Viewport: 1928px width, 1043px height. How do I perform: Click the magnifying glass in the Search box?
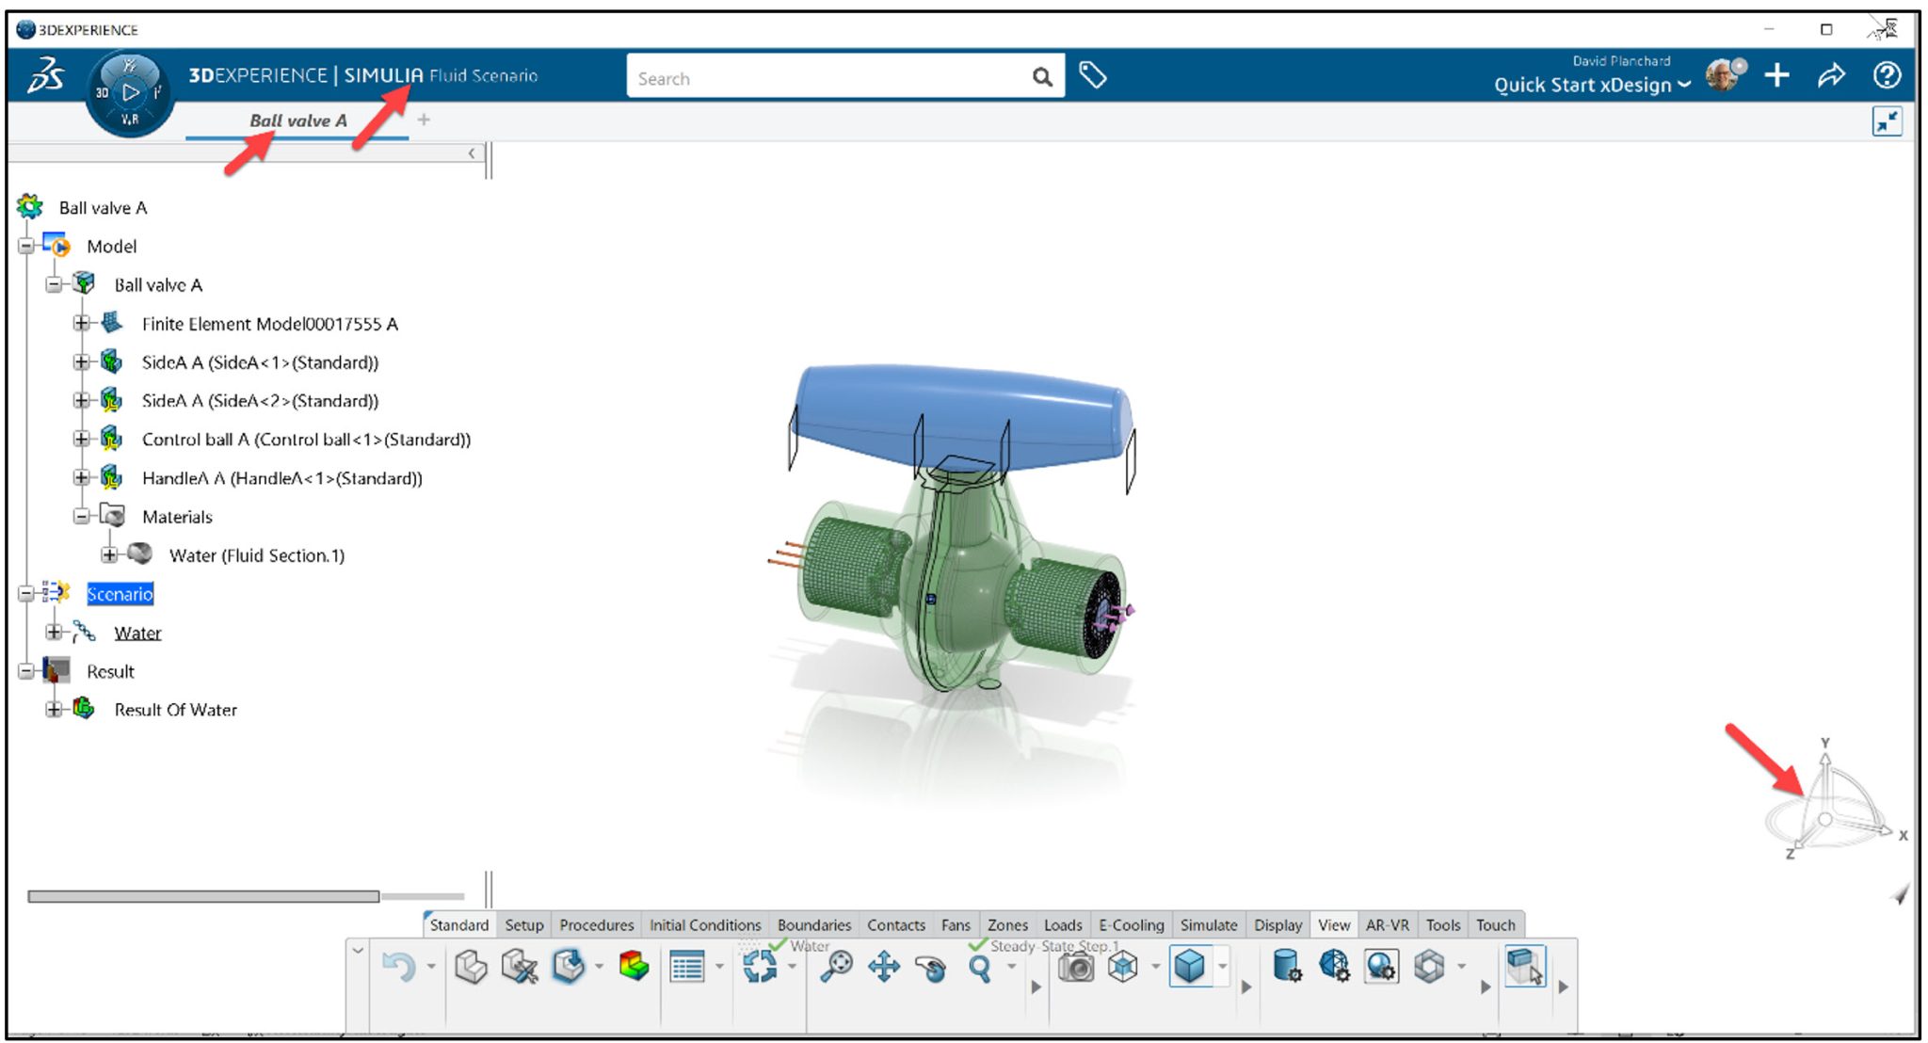[x=1041, y=77]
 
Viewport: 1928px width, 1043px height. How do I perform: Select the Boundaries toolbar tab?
[x=813, y=924]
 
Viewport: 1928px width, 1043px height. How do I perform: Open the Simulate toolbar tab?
[x=1208, y=924]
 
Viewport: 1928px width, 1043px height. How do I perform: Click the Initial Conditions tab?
[x=704, y=924]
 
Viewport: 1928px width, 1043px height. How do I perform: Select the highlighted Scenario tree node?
[x=120, y=594]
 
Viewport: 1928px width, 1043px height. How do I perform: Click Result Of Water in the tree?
[x=175, y=710]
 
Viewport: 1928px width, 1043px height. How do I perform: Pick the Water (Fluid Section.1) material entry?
[x=256, y=555]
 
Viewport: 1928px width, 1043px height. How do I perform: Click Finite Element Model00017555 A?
[x=269, y=324]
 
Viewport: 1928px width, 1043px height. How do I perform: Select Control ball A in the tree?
[x=305, y=440]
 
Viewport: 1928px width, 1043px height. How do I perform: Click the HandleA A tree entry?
[x=281, y=478]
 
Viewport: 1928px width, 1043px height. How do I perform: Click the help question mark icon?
[x=1887, y=75]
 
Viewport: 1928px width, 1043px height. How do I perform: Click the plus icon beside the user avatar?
[x=1776, y=75]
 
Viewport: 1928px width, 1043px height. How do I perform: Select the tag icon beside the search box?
[x=1092, y=75]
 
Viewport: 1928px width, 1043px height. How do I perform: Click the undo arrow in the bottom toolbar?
[x=399, y=967]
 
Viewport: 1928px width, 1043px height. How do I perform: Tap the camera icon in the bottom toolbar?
[x=1075, y=967]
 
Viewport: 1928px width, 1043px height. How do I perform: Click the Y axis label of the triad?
[x=1824, y=743]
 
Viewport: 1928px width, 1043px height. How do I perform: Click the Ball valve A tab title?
[x=297, y=120]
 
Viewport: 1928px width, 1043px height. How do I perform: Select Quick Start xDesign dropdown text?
[x=1582, y=85]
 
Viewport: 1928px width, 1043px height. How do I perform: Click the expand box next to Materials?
[x=82, y=516]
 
